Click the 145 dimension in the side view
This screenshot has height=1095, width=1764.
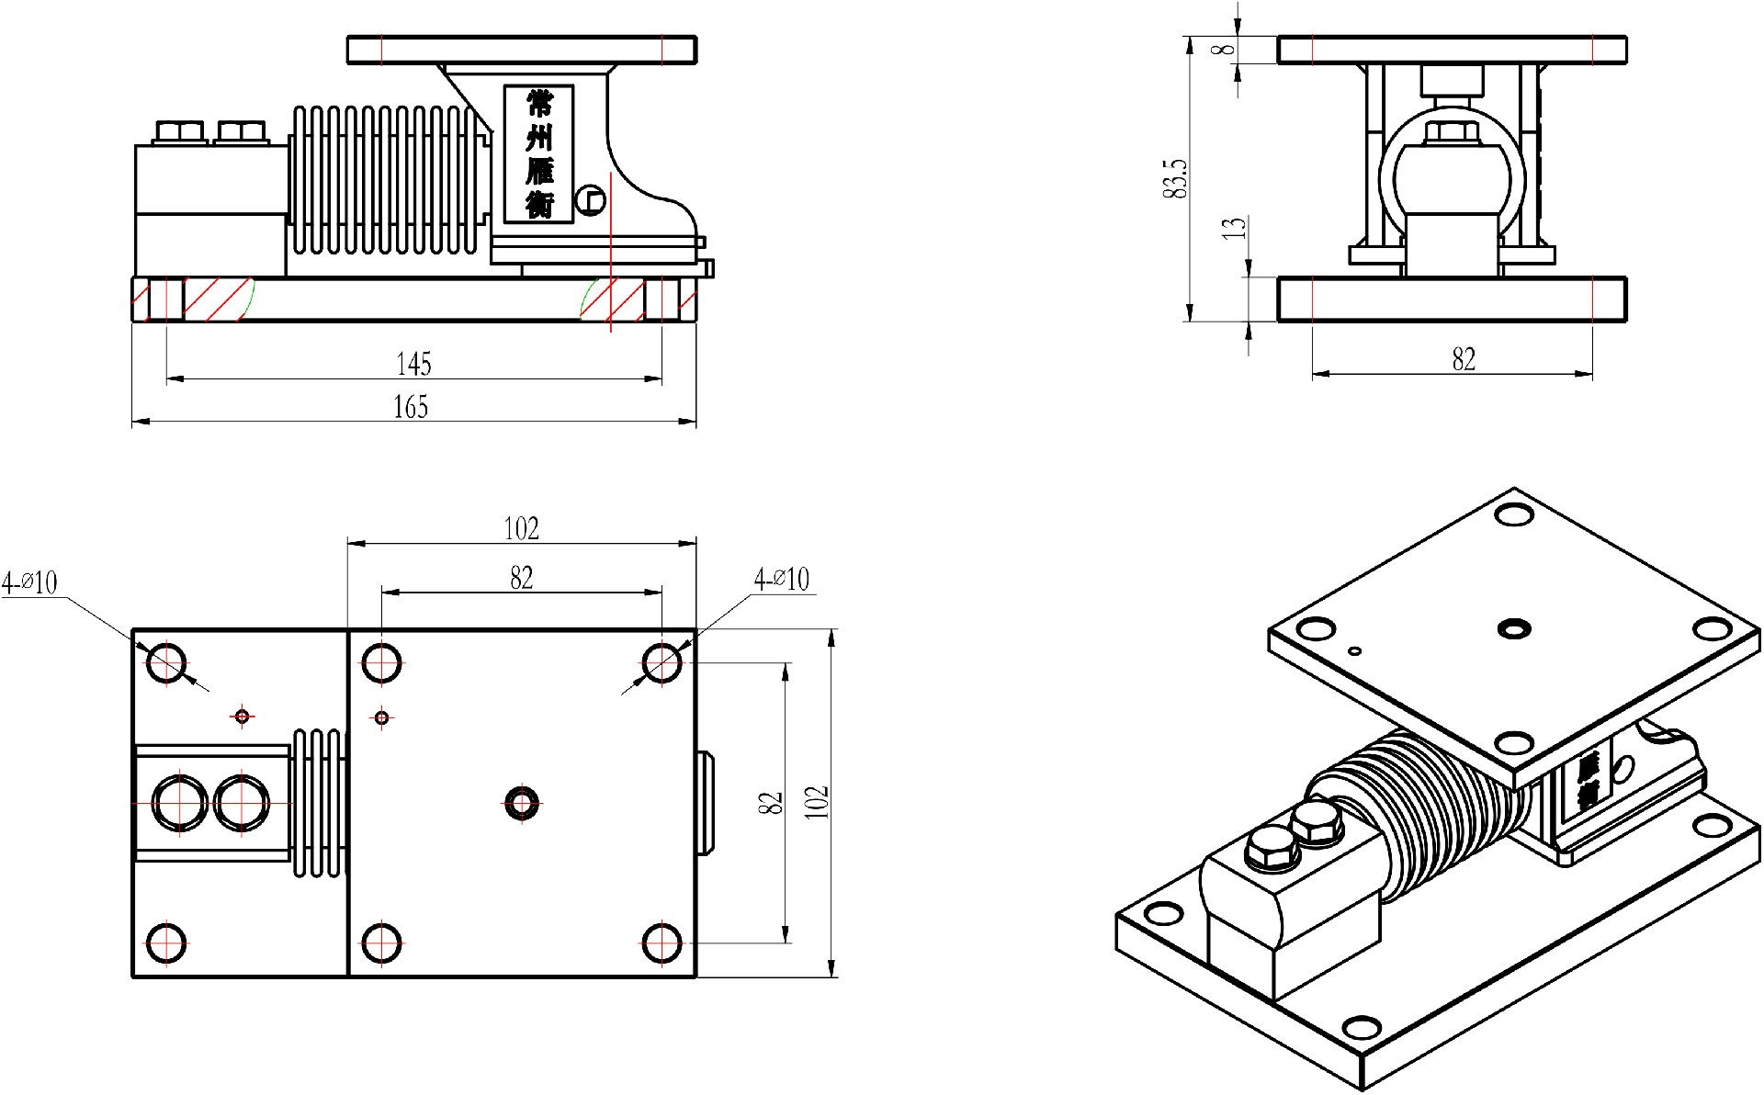click(413, 364)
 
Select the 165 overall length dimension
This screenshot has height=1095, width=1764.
click(411, 407)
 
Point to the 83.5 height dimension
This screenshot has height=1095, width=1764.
click(1175, 178)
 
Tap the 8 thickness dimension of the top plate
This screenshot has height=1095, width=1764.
click(1225, 49)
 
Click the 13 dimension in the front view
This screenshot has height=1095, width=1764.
click(1235, 227)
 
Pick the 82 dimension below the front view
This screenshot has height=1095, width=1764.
click(1464, 359)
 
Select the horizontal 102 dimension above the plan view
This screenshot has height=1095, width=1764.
click(521, 528)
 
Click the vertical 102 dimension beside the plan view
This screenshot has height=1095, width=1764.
click(817, 802)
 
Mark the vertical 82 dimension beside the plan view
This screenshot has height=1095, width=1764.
click(771, 802)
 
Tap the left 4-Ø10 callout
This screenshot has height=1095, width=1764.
click(30, 582)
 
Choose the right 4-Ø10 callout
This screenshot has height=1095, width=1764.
click(782, 579)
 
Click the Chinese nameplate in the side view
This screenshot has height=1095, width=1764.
click(539, 154)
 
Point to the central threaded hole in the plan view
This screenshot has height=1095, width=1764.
click(522, 804)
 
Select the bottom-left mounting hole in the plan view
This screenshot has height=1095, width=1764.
click(167, 942)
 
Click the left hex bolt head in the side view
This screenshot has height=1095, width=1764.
click(180, 131)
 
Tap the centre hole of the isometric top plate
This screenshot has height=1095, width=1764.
click(1513, 629)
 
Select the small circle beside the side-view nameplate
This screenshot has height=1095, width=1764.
click(591, 199)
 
